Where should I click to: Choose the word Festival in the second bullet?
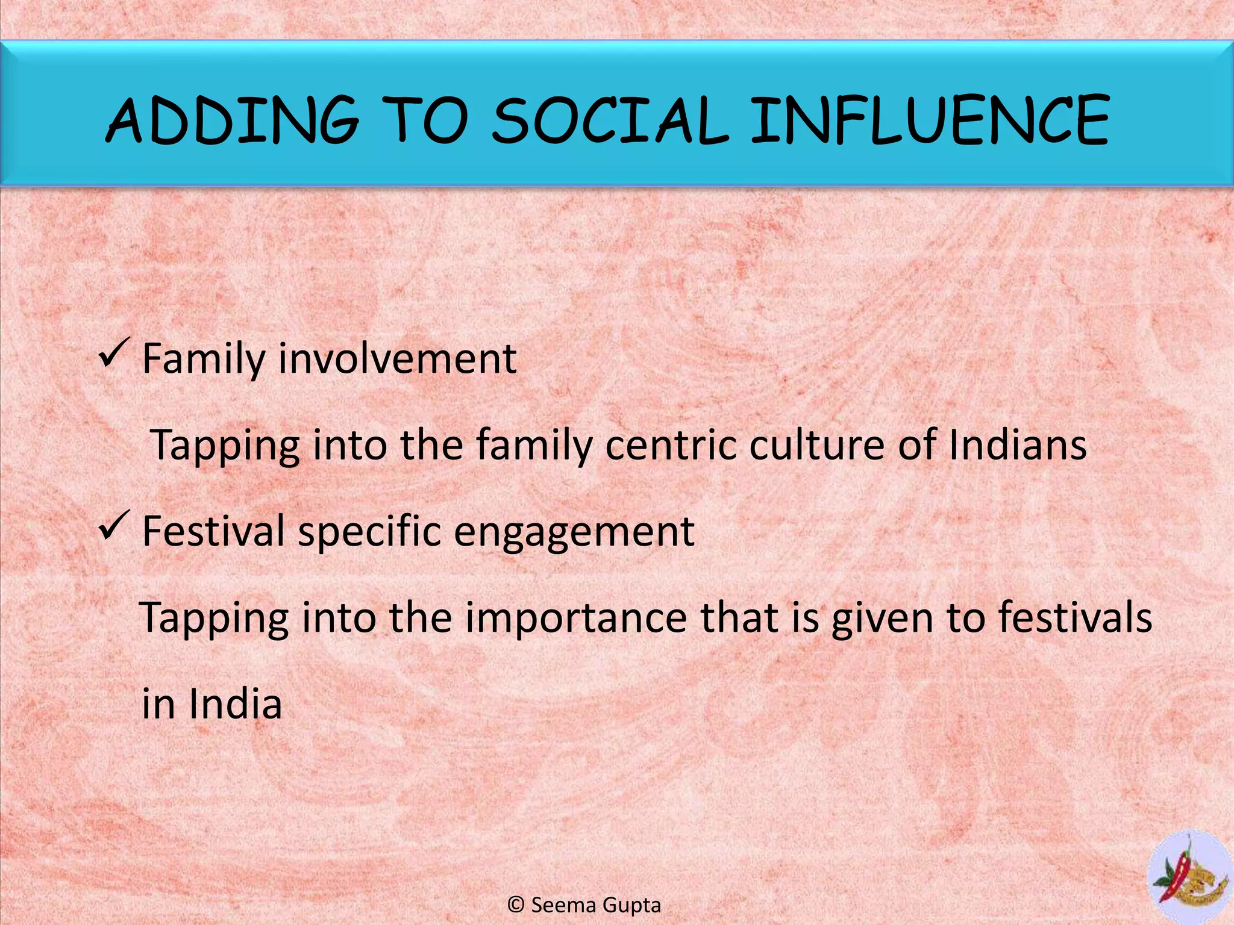(x=213, y=531)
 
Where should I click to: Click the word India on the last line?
(x=235, y=703)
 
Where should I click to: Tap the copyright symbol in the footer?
(x=516, y=905)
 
